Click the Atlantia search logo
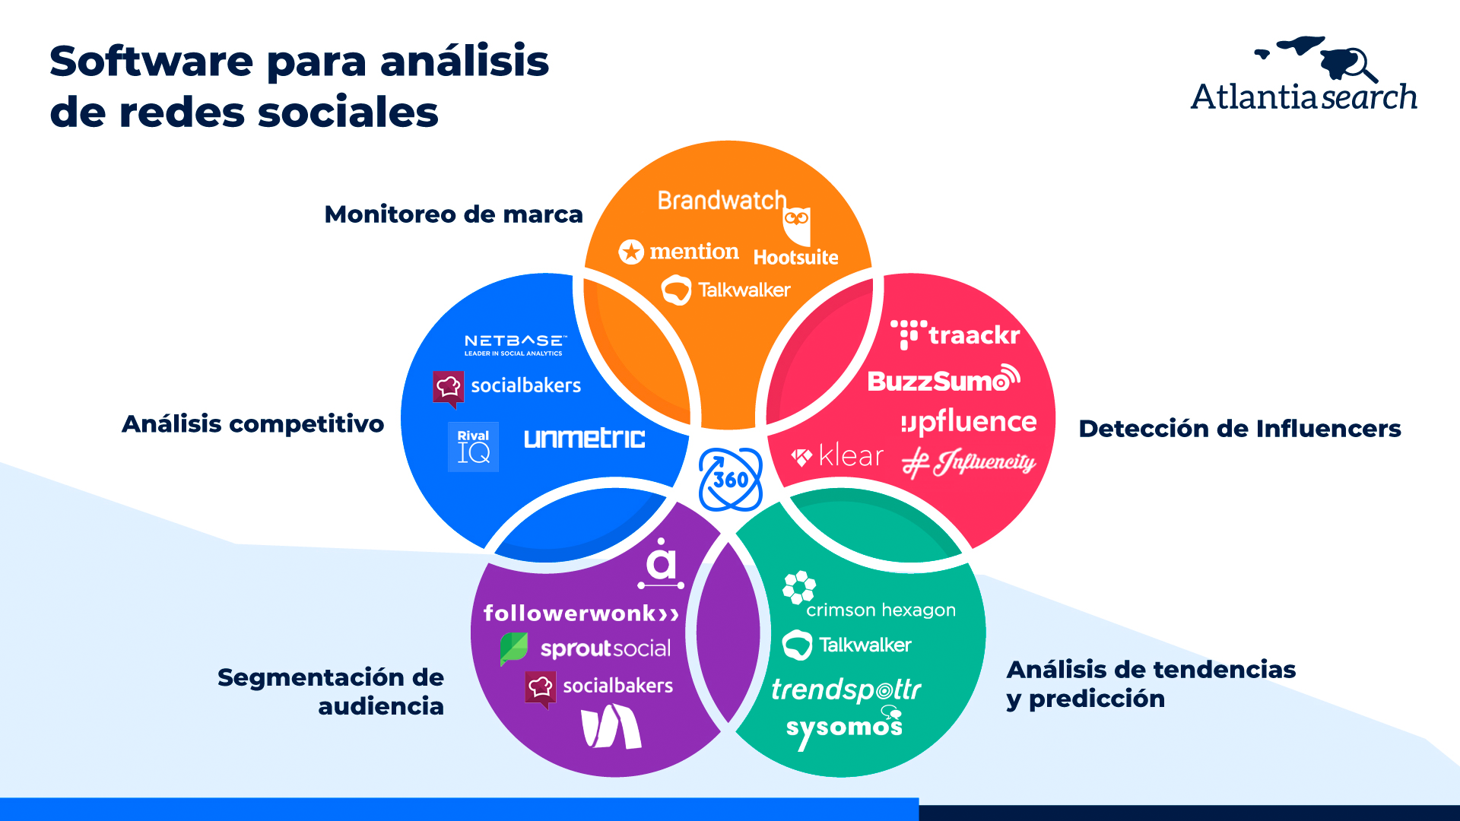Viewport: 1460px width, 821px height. point(1303,75)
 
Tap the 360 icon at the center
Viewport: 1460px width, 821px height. point(730,480)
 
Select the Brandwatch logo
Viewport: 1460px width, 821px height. point(722,201)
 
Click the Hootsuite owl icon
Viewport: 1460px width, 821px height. point(797,224)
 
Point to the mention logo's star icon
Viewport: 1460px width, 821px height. point(631,252)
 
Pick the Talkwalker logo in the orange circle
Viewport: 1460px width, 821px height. point(726,290)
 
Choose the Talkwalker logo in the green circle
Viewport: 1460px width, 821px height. point(847,645)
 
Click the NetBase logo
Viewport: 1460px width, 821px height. point(515,344)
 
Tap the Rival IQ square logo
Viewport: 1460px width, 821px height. point(473,447)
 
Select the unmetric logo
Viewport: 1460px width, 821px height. point(584,439)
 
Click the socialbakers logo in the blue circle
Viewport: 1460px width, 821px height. point(507,386)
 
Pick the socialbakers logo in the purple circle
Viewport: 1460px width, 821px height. point(599,686)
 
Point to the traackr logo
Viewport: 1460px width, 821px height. point(955,335)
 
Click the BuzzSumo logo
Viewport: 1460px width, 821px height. point(943,379)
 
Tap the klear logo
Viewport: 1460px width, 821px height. point(837,456)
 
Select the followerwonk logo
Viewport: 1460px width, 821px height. point(581,613)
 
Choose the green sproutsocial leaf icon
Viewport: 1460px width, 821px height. point(514,648)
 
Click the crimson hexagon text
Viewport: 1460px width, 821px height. point(881,610)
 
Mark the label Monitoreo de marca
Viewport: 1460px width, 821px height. point(453,214)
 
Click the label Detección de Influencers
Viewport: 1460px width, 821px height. point(1239,429)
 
